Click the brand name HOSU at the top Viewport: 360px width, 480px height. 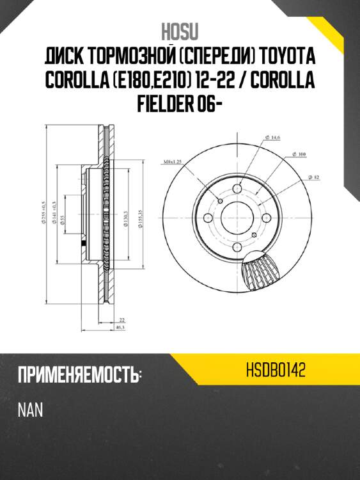pos(180,31)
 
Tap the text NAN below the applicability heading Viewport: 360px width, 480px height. pos(30,410)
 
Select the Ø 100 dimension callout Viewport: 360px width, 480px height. pos(299,155)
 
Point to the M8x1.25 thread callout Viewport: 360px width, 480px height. pos(173,162)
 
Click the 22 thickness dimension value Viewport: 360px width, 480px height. pos(121,319)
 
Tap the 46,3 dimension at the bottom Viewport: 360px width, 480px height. pos(119,327)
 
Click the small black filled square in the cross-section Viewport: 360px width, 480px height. pos(84,245)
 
